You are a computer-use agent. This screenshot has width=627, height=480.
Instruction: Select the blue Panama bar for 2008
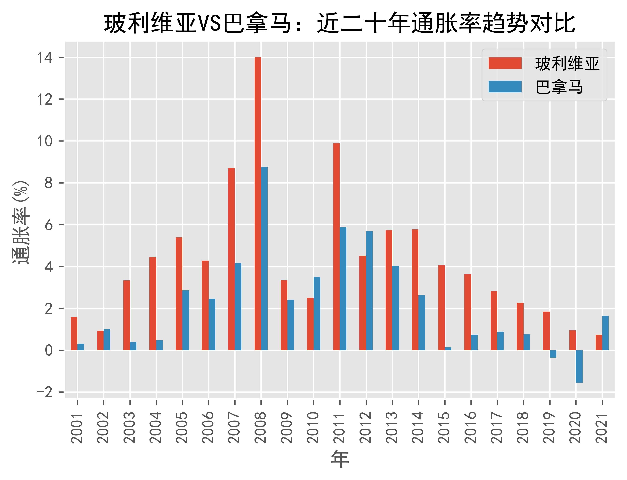coord(264,258)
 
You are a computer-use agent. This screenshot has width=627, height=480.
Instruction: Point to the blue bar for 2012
coord(369,290)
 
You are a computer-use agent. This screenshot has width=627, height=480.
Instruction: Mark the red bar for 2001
coord(74,333)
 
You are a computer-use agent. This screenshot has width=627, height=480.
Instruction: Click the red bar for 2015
coord(441,308)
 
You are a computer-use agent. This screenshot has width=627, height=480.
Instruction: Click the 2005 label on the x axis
coord(182,427)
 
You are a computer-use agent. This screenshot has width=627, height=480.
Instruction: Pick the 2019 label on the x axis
coord(550,427)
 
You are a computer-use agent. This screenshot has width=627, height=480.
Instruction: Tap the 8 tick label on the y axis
coord(49,183)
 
